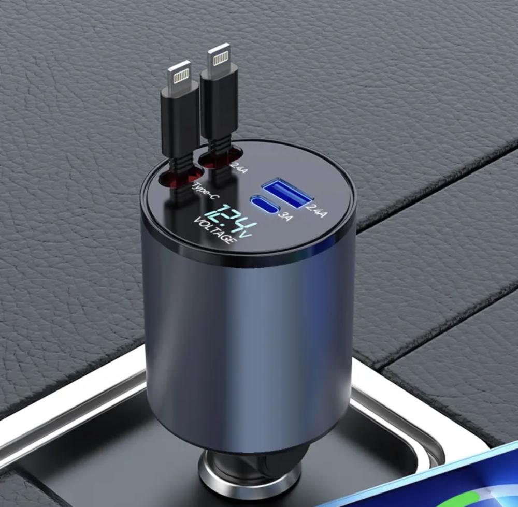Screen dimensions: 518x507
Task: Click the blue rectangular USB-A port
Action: click(x=287, y=193)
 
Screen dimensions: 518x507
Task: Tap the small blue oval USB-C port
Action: click(x=266, y=205)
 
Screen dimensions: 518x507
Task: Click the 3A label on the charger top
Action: click(x=285, y=216)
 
